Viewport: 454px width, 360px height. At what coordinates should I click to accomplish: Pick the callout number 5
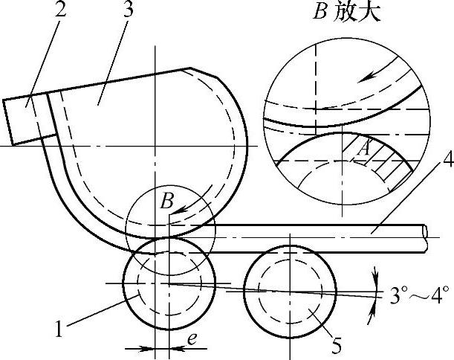[336, 345]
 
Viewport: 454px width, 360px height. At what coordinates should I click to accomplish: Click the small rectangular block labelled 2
[22, 119]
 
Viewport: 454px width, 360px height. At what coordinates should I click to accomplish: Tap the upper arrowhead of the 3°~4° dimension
[373, 276]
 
